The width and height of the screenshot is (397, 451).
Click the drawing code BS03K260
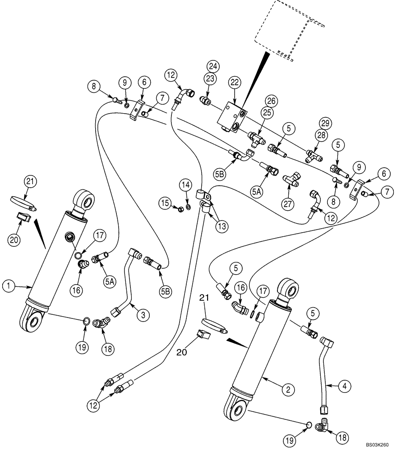[377, 444]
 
